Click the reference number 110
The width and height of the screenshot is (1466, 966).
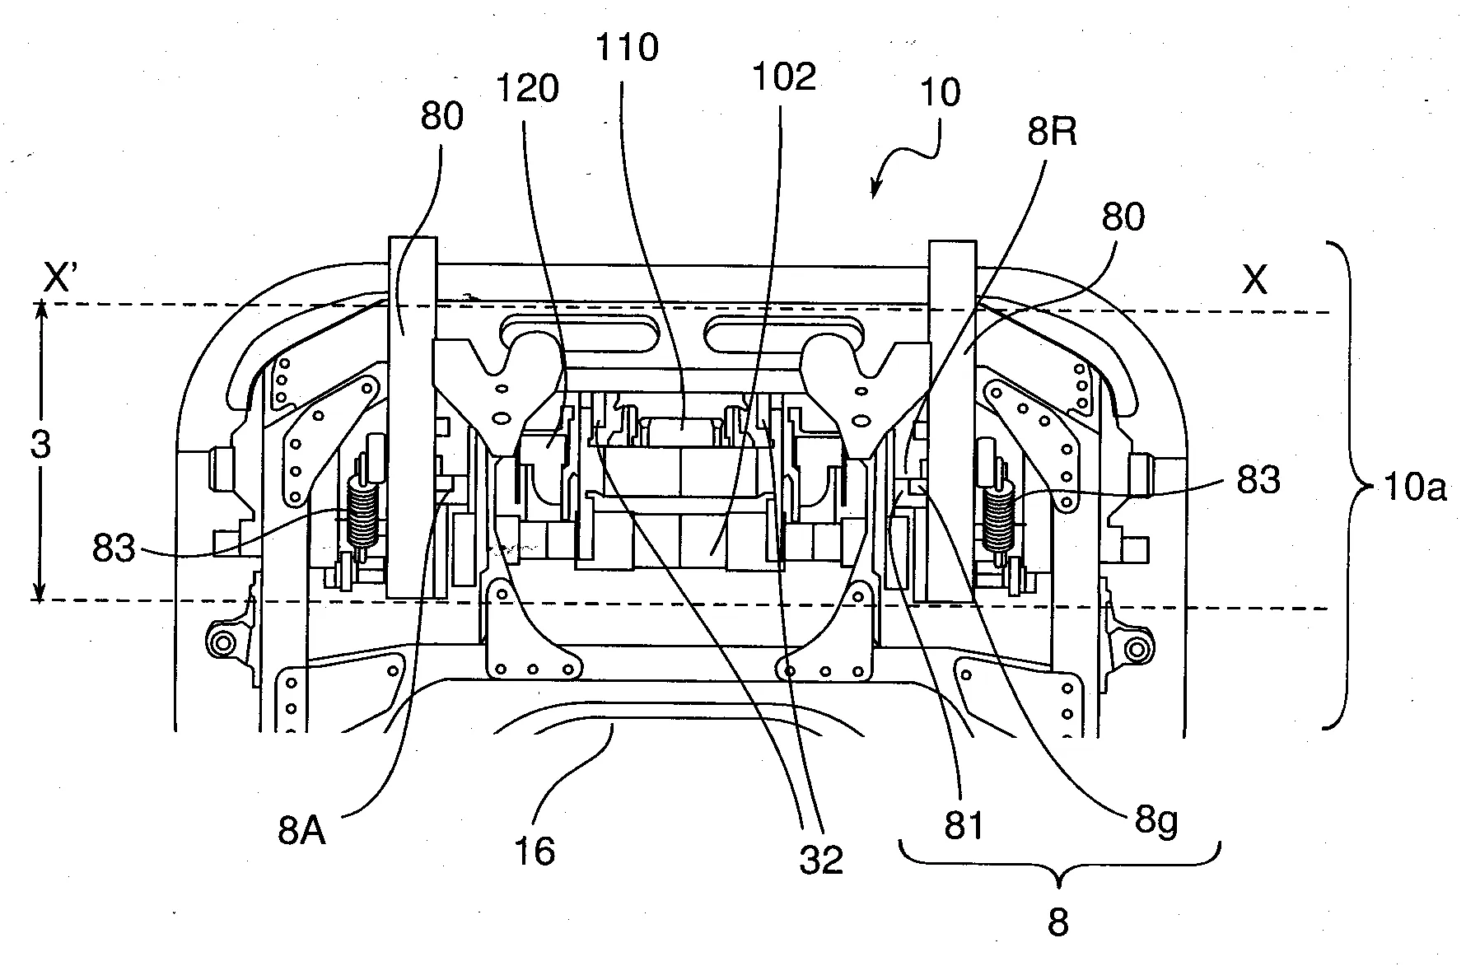tap(627, 48)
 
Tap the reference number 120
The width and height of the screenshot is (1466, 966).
tap(528, 87)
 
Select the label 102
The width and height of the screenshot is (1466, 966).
tap(783, 77)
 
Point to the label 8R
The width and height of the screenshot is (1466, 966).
tap(1052, 130)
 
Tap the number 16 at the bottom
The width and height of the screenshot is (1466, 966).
tap(534, 851)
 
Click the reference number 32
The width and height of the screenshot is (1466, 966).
tap(821, 861)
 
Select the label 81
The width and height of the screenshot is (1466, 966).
tap(964, 825)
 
